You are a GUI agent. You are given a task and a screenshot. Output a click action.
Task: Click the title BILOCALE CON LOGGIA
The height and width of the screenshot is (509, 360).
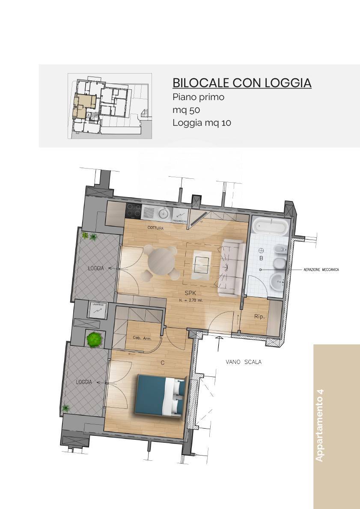click(x=241, y=83)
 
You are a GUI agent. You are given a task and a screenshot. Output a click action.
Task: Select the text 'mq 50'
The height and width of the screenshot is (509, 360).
click(x=186, y=110)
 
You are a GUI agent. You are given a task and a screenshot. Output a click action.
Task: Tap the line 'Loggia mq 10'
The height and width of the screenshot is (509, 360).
click(x=202, y=123)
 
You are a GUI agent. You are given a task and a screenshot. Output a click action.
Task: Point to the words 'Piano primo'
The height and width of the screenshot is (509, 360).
click(x=198, y=97)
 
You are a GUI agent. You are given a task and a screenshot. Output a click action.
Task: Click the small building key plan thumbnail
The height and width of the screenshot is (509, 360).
click(x=110, y=106)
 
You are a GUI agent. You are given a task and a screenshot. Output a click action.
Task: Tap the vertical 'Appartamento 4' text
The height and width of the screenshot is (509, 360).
click(x=319, y=425)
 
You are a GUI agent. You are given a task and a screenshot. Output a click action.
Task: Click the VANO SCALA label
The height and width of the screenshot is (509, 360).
click(x=244, y=362)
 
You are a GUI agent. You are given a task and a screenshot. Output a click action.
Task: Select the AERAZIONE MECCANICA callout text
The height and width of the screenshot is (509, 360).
click(x=321, y=269)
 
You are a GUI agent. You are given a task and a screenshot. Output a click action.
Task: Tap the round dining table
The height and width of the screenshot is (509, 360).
click(x=162, y=261)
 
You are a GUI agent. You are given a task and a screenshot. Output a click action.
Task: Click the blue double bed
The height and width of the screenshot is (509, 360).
click(x=161, y=396)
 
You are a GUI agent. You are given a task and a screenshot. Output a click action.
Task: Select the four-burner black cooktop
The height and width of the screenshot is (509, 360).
click(x=133, y=210)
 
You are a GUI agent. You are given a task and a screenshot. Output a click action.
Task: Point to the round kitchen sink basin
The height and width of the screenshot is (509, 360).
click(x=163, y=212)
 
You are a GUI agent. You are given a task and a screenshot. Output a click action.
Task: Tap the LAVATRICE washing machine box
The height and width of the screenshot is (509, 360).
click(x=98, y=309)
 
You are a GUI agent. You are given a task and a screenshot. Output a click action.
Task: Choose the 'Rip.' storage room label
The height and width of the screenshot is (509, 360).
click(x=259, y=317)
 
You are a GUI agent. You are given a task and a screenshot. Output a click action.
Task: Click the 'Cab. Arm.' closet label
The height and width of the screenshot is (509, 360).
click(x=142, y=338)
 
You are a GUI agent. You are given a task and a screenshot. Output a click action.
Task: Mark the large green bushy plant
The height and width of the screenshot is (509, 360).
click(x=94, y=340)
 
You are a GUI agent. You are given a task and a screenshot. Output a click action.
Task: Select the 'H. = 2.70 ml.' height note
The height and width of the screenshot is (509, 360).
click(x=191, y=300)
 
